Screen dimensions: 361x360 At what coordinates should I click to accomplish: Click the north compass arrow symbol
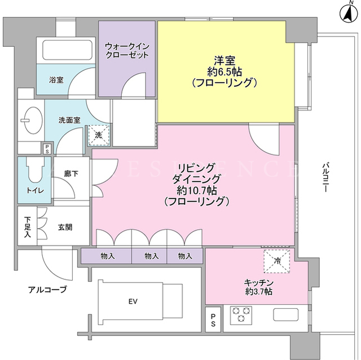[x=349, y=13]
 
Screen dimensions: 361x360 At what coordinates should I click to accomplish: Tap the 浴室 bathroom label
[x=56, y=80]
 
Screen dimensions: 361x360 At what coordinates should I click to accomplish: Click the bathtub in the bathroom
[x=68, y=50]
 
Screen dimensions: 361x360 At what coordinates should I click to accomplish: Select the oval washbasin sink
[x=34, y=120]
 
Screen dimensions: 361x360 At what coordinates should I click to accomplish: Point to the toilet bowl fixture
[x=35, y=170]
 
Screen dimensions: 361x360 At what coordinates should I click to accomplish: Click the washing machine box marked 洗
[x=99, y=135]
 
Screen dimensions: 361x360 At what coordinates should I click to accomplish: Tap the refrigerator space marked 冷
[x=277, y=261]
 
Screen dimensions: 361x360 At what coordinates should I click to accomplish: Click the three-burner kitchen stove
[x=241, y=315]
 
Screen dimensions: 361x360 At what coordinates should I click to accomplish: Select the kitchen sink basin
[x=286, y=314]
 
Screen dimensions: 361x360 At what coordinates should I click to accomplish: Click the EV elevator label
[x=133, y=301]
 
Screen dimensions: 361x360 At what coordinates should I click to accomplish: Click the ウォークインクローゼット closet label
[x=127, y=51]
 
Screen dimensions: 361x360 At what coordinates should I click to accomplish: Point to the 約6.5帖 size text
[x=224, y=72]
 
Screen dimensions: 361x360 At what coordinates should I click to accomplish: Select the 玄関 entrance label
[x=65, y=228]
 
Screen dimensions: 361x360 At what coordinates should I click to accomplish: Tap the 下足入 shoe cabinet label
[x=28, y=227]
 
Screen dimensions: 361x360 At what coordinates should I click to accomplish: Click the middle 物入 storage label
[x=152, y=256]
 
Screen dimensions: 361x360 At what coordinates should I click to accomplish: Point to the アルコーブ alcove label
[x=47, y=290]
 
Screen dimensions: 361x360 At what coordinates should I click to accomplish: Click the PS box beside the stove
[x=213, y=320]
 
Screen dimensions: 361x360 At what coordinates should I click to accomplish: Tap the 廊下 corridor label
[x=71, y=174]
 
